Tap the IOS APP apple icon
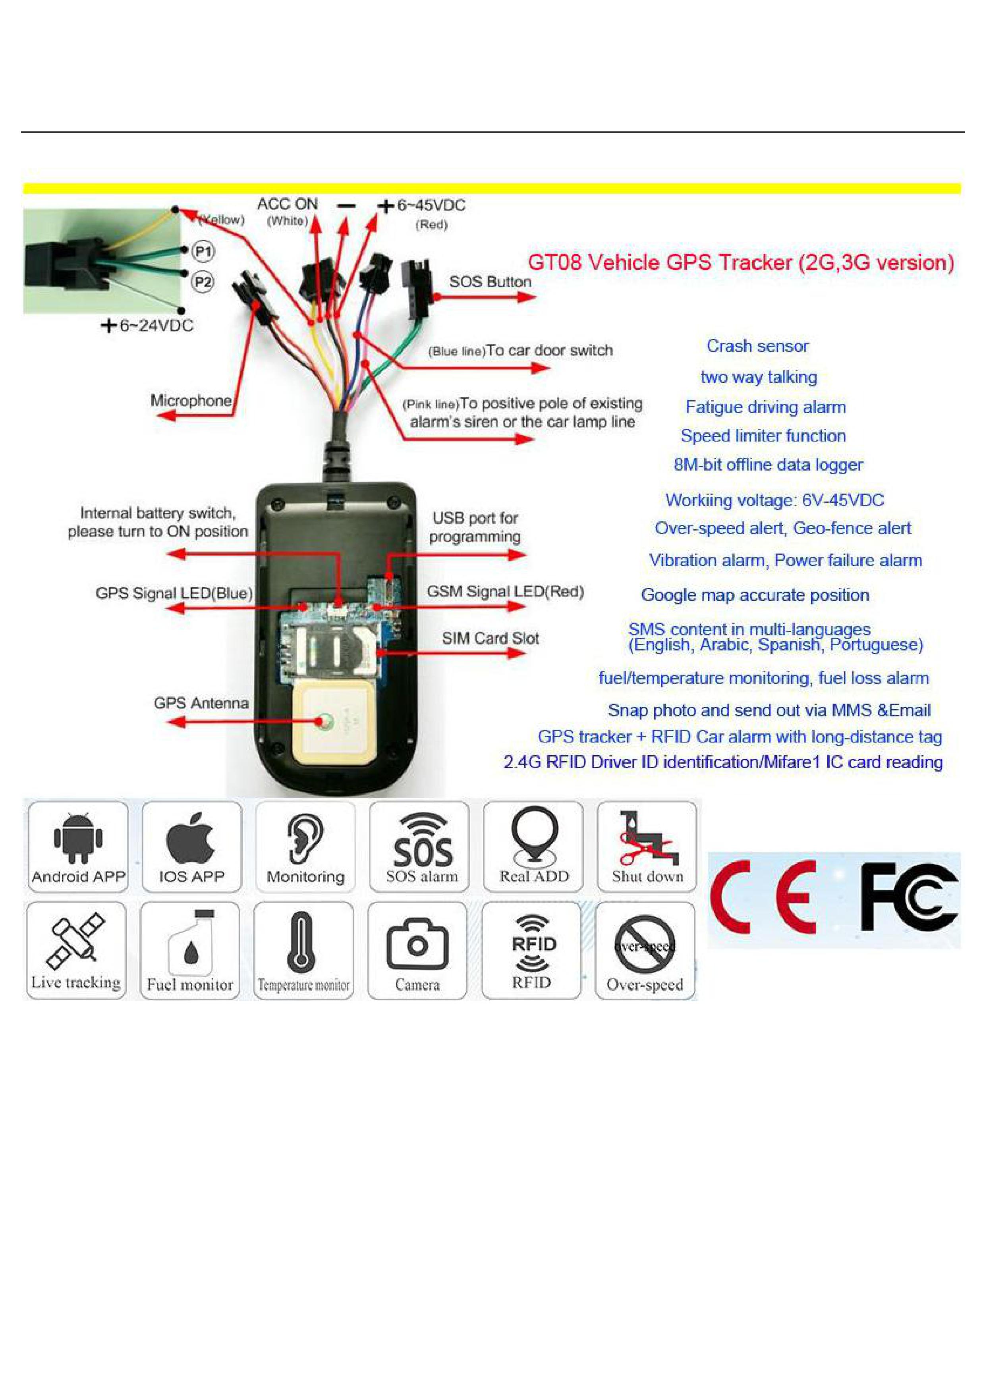click(x=191, y=837)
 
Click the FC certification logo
click(x=908, y=897)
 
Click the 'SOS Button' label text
click(x=490, y=282)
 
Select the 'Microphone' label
click(x=191, y=400)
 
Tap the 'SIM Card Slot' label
click(x=490, y=638)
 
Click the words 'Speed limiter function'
click(x=763, y=436)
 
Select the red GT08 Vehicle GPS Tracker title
click(x=740, y=263)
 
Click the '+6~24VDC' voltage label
click(x=147, y=326)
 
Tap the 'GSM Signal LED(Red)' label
click(x=505, y=592)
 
